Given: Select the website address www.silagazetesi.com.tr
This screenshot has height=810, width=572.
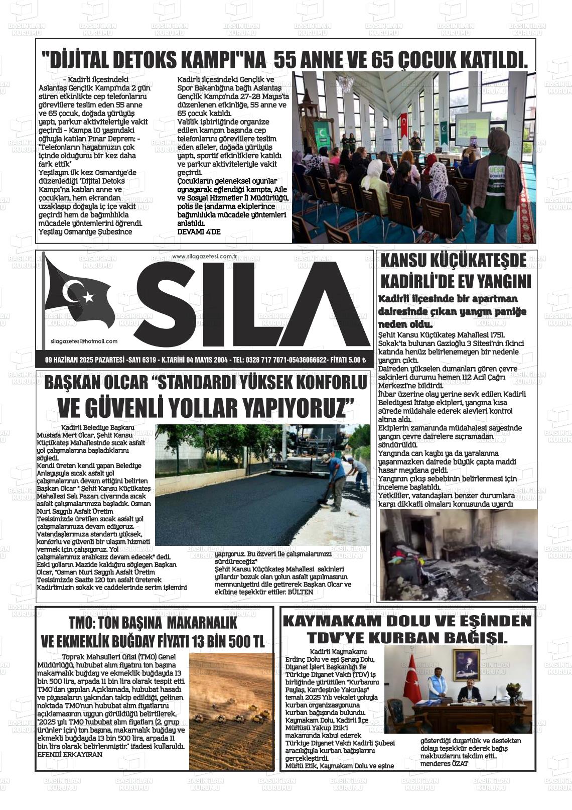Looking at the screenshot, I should point(204,257).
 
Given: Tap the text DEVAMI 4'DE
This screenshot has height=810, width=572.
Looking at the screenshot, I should point(199,232).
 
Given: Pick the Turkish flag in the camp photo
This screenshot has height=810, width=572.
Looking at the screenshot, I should point(404,131).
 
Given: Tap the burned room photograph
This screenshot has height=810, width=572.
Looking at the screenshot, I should point(458,554).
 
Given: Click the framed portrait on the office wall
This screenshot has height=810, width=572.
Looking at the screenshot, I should point(466,665).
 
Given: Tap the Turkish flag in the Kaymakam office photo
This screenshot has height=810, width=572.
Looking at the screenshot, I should point(413,678).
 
